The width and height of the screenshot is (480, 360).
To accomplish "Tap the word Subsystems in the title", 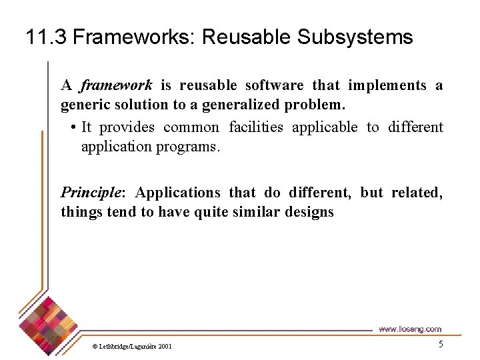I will point(355,37).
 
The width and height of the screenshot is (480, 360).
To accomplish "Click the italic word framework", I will point(117,85).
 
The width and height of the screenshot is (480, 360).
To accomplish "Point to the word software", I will point(274,85).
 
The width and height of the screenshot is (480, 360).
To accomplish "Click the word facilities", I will point(256,127).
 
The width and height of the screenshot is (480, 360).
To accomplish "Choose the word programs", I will point(188,147).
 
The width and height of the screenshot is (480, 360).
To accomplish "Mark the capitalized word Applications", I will point(178,193).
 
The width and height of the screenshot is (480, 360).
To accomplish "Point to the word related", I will point(417,193).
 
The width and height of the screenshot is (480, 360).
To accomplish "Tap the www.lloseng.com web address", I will point(409,329).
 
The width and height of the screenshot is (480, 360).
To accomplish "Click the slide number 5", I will point(440,344).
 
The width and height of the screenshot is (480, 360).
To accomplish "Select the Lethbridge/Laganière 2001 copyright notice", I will point(132,346).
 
